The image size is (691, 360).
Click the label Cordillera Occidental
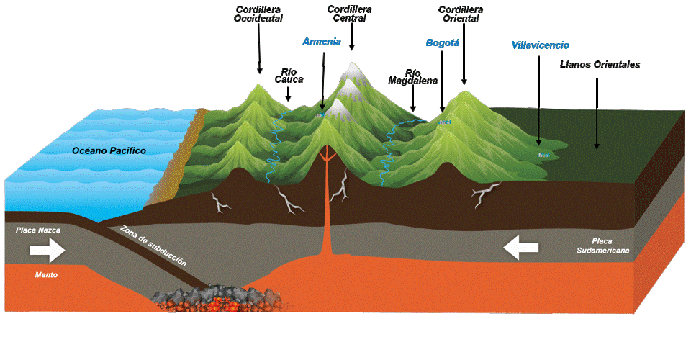point(258,14)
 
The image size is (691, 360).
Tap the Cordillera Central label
point(350,14)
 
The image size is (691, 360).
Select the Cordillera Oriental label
point(461,14)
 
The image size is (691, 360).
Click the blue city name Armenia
point(322,42)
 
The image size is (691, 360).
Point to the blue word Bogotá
point(443,42)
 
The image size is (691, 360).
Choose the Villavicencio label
point(541,45)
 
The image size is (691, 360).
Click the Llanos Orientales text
point(600,65)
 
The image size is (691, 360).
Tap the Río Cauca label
point(289,76)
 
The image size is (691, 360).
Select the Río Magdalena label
point(413,77)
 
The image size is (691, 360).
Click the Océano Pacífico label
point(109,150)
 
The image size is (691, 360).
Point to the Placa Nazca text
point(38,230)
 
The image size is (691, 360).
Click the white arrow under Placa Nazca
point(48,251)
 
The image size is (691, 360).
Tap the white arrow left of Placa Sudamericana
point(521,248)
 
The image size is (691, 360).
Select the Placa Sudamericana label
point(602,246)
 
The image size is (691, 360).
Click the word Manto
point(46,275)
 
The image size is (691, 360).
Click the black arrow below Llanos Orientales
point(597,113)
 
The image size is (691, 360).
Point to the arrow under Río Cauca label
point(288,94)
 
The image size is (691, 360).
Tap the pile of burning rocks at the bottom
point(217,299)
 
